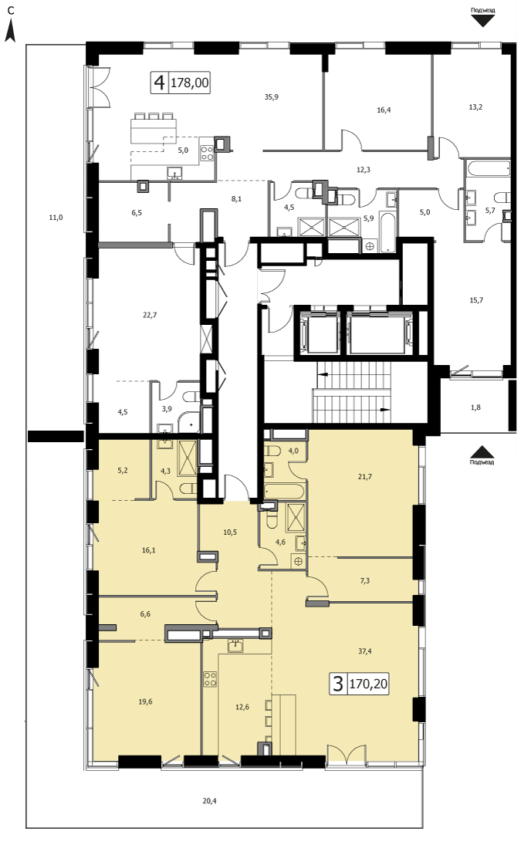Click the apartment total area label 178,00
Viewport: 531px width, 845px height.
coord(190,83)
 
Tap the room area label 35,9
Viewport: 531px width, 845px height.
coord(272,97)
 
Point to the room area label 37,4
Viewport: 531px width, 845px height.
coord(365,651)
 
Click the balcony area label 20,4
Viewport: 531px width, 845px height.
coord(210,801)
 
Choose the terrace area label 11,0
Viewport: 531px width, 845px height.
coord(56,218)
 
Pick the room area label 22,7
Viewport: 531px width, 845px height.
coord(150,316)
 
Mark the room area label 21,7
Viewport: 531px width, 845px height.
coord(365,476)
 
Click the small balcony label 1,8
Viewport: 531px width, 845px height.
coord(475,407)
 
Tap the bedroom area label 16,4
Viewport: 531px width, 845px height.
coord(384,110)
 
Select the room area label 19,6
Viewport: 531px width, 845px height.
coord(146,701)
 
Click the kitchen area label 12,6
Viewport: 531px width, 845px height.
coord(242,707)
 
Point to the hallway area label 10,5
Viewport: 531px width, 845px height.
coord(230,532)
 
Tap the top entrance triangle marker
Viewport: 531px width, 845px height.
coord(482,21)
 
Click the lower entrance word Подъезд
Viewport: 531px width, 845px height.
coord(482,461)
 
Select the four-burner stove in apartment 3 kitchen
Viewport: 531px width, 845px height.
coord(210,679)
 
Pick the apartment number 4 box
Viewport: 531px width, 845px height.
coord(159,83)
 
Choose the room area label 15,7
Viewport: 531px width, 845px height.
coord(476,300)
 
